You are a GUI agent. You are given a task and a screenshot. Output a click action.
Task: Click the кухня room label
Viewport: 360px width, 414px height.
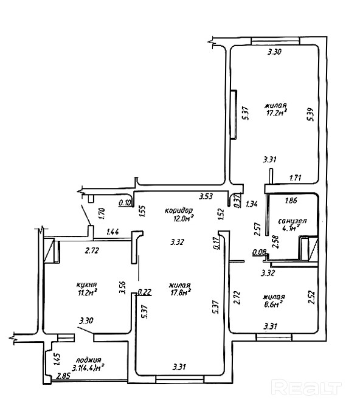86,285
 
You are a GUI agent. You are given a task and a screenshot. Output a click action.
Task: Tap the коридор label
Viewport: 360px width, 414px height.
179,210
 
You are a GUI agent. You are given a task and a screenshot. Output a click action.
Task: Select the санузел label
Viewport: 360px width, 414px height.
292,221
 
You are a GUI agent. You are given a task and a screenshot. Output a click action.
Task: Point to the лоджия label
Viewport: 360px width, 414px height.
89,360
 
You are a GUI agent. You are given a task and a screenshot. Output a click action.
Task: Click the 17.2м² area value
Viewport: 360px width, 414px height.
277,113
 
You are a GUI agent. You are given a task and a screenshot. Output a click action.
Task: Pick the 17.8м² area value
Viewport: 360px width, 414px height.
181,292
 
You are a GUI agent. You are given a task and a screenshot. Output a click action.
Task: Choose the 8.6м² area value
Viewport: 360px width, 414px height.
274,305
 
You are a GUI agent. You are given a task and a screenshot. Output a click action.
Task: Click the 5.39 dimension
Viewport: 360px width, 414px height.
311,114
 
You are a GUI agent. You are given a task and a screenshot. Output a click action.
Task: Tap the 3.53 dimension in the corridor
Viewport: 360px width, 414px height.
206,196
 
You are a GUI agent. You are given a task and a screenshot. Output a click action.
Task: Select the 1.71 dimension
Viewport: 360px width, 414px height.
296,178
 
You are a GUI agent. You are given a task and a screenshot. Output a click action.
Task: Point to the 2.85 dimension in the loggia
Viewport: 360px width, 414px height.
63,376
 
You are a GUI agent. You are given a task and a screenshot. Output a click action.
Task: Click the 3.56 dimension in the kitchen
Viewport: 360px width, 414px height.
122,288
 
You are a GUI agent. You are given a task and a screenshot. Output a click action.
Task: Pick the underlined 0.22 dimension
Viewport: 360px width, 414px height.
145,292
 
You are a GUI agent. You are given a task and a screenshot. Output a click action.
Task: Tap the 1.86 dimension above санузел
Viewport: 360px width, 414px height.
291,201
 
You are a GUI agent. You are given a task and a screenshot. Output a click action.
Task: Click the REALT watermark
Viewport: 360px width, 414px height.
306,387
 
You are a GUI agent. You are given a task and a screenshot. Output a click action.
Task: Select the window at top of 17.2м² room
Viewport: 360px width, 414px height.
275,41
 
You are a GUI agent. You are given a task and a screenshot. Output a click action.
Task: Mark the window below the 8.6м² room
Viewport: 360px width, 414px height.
274,337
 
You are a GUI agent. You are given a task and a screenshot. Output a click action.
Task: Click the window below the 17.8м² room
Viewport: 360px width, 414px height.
180,379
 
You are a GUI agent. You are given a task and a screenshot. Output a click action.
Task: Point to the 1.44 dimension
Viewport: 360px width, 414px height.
112,232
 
